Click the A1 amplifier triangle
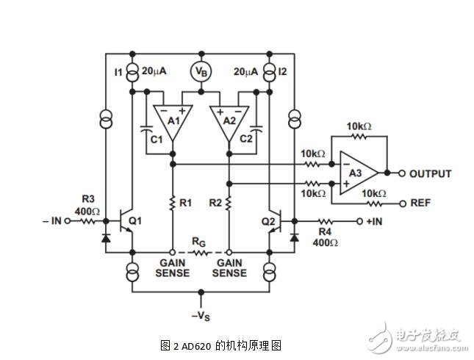point(172,120)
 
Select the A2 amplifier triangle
point(229,120)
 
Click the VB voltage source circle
point(200,71)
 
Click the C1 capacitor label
point(155,137)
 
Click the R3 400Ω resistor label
point(89,204)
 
